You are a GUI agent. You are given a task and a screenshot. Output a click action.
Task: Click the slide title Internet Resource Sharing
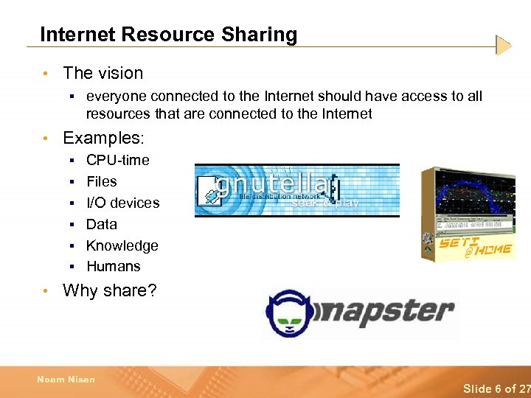tap(168, 35)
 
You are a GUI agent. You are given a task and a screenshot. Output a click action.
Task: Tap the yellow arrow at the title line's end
tap(504, 46)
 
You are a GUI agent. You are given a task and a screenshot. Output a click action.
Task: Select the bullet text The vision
tap(103, 73)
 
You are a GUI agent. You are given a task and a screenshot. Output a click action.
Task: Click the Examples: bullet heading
tap(104, 138)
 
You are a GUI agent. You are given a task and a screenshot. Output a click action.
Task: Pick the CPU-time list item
tap(117, 160)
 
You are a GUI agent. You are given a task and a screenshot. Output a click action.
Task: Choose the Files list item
tap(101, 181)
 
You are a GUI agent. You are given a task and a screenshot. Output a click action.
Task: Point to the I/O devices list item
tap(122, 203)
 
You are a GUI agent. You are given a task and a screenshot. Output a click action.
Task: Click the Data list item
tap(101, 224)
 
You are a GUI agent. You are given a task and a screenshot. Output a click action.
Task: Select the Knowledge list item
tap(122, 245)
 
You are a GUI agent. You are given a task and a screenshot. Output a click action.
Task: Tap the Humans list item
tap(113, 267)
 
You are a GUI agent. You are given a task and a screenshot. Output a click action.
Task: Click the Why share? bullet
tap(110, 290)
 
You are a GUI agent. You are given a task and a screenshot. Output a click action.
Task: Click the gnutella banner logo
tap(296, 190)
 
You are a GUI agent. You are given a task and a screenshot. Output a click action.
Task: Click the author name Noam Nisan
tap(66, 380)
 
